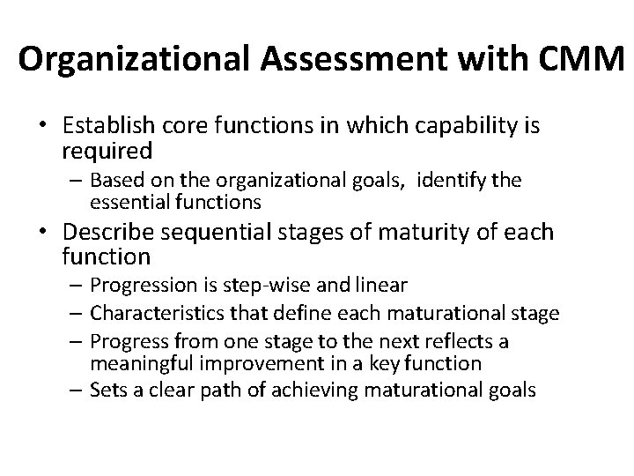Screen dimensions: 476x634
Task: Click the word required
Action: click(107, 151)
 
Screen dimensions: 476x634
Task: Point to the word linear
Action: click(384, 286)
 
